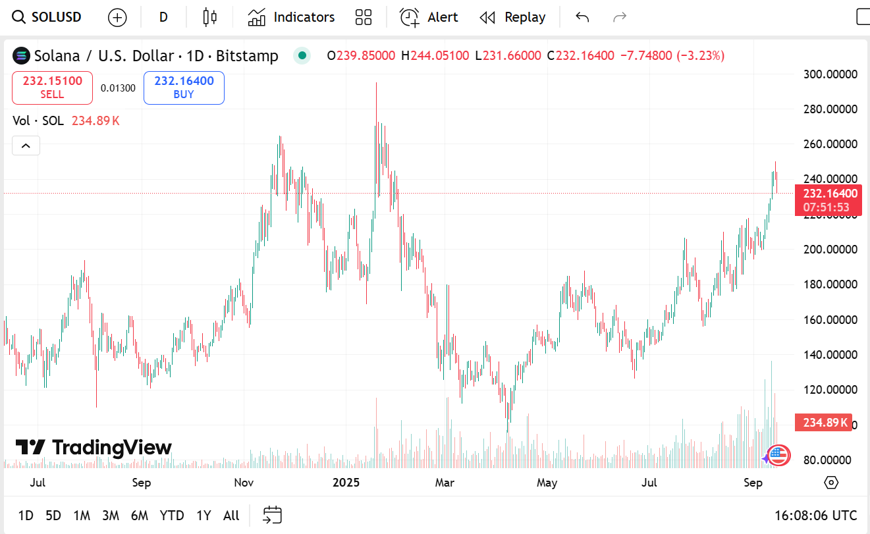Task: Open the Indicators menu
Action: tap(291, 17)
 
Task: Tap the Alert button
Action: tap(429, 17)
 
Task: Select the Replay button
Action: tap(512, 17)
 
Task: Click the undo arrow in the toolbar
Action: tap(582, 17)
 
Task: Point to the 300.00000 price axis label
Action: tap(830, 74)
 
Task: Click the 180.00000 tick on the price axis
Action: tap(830, 284)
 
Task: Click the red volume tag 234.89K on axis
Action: tap(823, 422)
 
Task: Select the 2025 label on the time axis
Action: tap(346, 483)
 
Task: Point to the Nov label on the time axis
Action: tap(244, 483)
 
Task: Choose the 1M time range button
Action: tap(82, 516)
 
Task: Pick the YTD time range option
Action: tap(172, 516)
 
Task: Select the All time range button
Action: tap(231, 516)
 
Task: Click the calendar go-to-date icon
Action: tap(272, 515)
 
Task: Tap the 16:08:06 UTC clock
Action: tap(815, 516)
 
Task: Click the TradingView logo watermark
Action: tap(94, 448)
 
